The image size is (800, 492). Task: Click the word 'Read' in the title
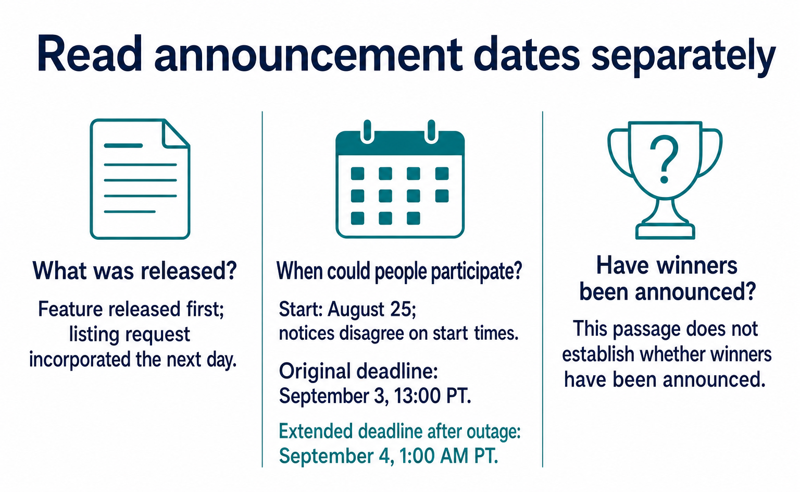[90, 54]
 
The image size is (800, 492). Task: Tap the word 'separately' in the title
[683, 56]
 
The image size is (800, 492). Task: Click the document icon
[140, 179]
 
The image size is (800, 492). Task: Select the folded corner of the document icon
[176, 133]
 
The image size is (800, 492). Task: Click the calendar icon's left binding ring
[368, 132]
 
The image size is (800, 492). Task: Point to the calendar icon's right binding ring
[431, 132]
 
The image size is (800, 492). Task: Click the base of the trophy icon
[665, 231]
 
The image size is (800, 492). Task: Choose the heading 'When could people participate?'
[399, 271]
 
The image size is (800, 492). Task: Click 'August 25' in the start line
[371, 310]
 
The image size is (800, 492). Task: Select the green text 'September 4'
[336, 456]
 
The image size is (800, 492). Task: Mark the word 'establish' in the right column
[598, 354]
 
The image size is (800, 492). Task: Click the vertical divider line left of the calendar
[262, 289]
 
